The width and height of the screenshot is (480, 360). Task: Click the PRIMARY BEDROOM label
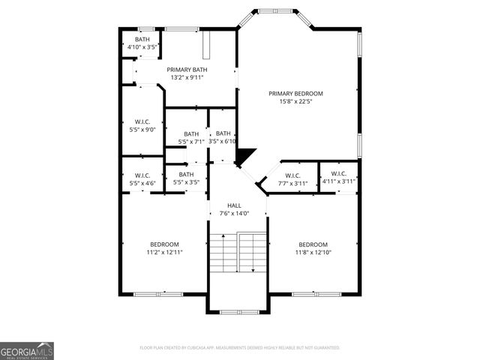[x=295, y=94]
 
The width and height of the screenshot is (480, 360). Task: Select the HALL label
[x=235, y=205]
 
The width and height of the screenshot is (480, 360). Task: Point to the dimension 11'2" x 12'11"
[x=164, y=253]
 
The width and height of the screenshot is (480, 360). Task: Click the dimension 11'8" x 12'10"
[x=313, y=253]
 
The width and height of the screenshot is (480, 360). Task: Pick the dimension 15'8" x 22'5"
[x=295, y=102]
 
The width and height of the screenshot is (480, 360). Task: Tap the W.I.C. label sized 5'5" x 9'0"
[x=142, y=121]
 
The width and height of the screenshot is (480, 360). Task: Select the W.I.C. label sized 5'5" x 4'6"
[x=142, y=175]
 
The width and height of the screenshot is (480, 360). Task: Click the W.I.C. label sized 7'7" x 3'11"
[x=292, y=175]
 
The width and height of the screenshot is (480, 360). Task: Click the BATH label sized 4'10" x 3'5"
[x=142, y=39]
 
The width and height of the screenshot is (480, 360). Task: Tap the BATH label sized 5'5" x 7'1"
[x=191, y=134]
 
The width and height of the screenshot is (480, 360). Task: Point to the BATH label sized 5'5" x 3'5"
[x=186, y=174]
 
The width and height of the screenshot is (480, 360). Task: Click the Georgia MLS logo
[x=27, y=350]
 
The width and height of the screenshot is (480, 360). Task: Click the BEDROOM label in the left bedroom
[x=164, y=244]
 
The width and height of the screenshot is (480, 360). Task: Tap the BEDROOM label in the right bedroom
[x=313, y=244]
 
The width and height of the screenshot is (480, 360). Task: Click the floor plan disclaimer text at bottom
[x=240, y=348]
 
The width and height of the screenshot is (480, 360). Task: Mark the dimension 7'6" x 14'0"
[x=235, y=214]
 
